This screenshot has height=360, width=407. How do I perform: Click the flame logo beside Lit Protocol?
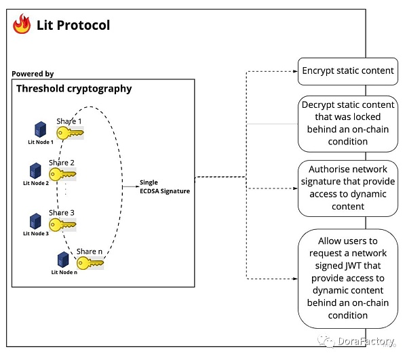click(22, 25)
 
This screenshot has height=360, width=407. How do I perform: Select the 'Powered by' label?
click(33, 73)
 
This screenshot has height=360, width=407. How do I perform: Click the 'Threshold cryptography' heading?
click(74, 89)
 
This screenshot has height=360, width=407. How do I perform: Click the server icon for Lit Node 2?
click(35, 170)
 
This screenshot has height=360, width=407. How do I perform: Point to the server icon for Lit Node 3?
click(35, 221)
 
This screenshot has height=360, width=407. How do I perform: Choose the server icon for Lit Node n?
click(62, 259)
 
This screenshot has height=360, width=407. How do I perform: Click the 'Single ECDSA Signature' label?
click(164, 187)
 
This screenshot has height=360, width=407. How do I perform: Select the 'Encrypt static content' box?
click(347, 71)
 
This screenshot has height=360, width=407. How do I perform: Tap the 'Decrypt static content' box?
click(347, 123)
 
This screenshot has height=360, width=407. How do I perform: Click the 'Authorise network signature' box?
click(347, 188)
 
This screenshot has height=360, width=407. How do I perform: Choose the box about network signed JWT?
click(347, 278)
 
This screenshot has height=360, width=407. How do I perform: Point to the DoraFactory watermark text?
click(361, 342)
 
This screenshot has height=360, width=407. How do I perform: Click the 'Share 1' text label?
click(69, 121)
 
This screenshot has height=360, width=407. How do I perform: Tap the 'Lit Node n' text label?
click(65, 273)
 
